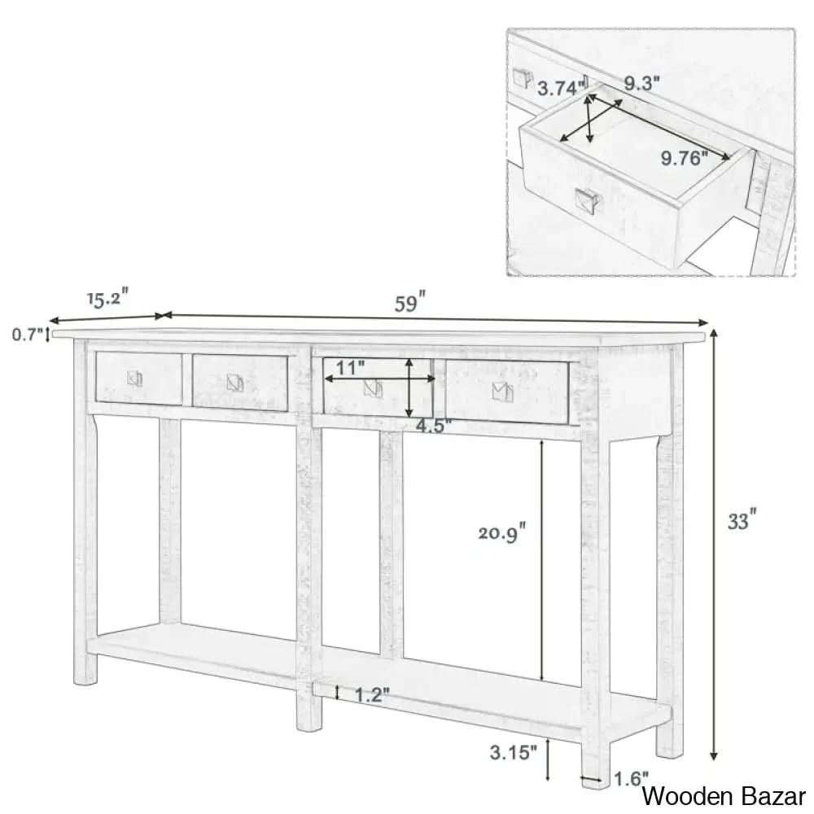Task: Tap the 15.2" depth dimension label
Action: [106, 299]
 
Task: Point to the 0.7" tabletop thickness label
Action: [26, 334]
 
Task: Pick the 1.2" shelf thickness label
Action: [372, 694]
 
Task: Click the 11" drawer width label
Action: [351, 368]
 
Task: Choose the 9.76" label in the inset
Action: [684, 159]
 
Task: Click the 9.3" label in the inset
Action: [642, 82]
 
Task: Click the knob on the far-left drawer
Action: [135, 379]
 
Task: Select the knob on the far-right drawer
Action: [501, 392]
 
